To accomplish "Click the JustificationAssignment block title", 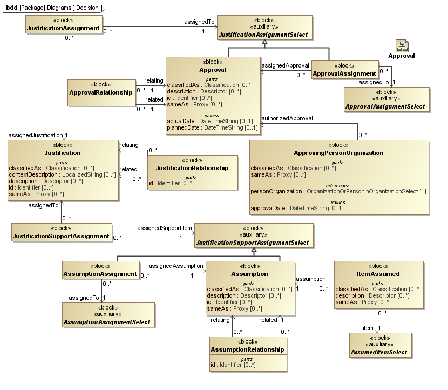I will (x=63, y=28).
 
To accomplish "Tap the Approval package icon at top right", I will (x=402, y=46).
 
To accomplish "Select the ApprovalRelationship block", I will (x=101, y=92).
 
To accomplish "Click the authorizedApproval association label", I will (x=287, y=118).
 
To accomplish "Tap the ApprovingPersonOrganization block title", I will (x=338, y=153).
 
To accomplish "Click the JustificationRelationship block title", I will (x=192, y=168).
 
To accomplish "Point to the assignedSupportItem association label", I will (x=164, y=228).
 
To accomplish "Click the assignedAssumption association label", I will (x=176, y=266).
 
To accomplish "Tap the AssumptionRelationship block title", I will (x=247, y=349).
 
